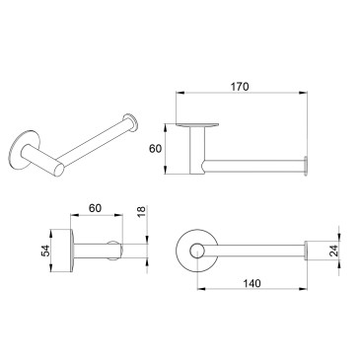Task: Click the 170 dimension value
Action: click(x=240, y=87)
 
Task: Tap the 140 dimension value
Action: click(x=252, y=283)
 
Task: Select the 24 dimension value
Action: click(x=333, y=251)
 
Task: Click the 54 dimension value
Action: click(x=45, y=251)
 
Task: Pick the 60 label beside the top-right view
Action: click(x=156, y=149)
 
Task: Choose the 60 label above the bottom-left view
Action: click(x=96, y=208)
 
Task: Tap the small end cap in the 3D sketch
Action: click(x=130, y=122)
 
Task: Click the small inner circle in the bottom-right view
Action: click(x=197, y=251)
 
